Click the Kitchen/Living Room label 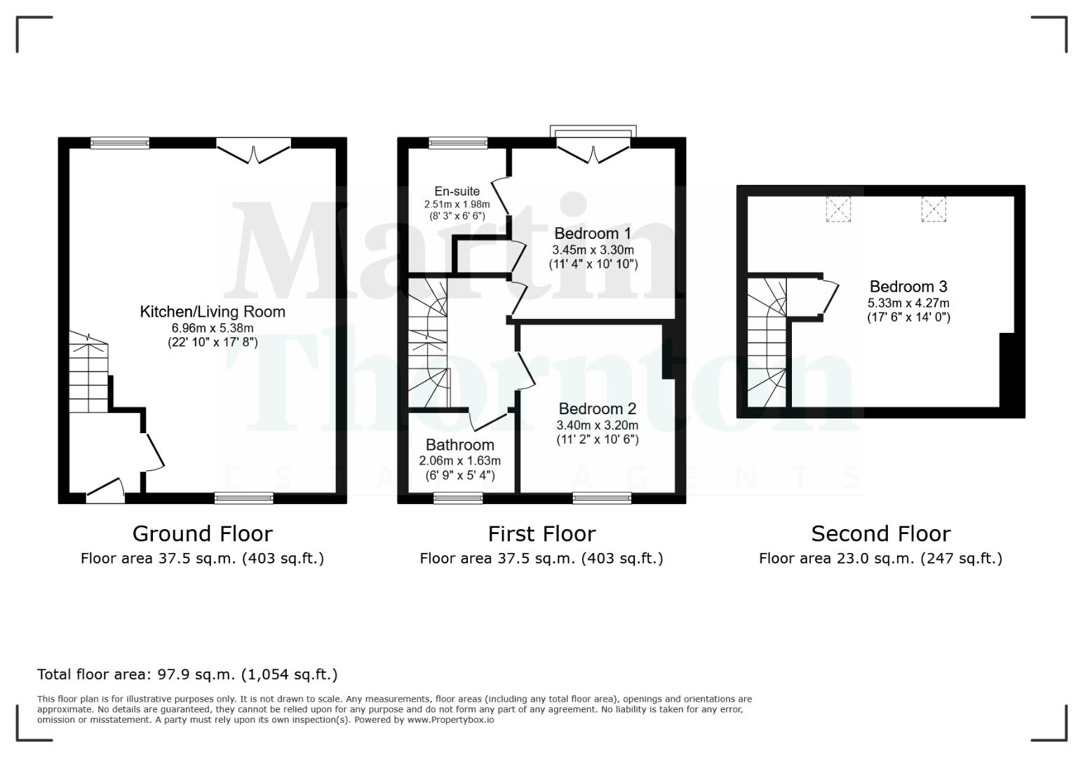point(213,312)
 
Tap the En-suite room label point(457,191)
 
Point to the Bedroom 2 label point(597,409)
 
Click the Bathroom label point(459,445)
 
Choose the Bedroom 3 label point(908,287)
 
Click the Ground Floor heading point(202,534)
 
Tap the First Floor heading point(541,534)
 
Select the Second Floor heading point(880,534)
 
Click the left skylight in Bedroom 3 point(838,210)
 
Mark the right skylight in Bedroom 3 point(933,210)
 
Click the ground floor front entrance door point(105,491)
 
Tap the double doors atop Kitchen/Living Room point(253,150)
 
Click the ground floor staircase point(88,376)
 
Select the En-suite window point(458,143)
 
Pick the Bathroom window point(458,498)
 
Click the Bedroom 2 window point(602,498)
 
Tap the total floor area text point(187,675)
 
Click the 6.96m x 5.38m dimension point(213,328)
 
